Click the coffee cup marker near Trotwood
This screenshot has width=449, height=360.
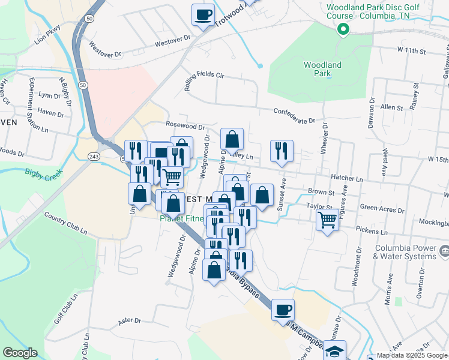203,14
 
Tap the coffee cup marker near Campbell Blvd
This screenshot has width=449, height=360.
283,310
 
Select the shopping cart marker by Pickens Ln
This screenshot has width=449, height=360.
327,220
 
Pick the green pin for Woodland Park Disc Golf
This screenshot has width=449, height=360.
343,28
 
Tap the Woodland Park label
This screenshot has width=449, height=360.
322,69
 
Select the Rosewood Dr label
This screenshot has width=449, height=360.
185,127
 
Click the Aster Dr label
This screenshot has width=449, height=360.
129,321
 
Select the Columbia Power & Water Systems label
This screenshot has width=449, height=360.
405,253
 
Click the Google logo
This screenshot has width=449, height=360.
19,353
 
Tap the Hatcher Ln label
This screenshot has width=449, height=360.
347,179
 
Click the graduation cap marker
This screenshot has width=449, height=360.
336,350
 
